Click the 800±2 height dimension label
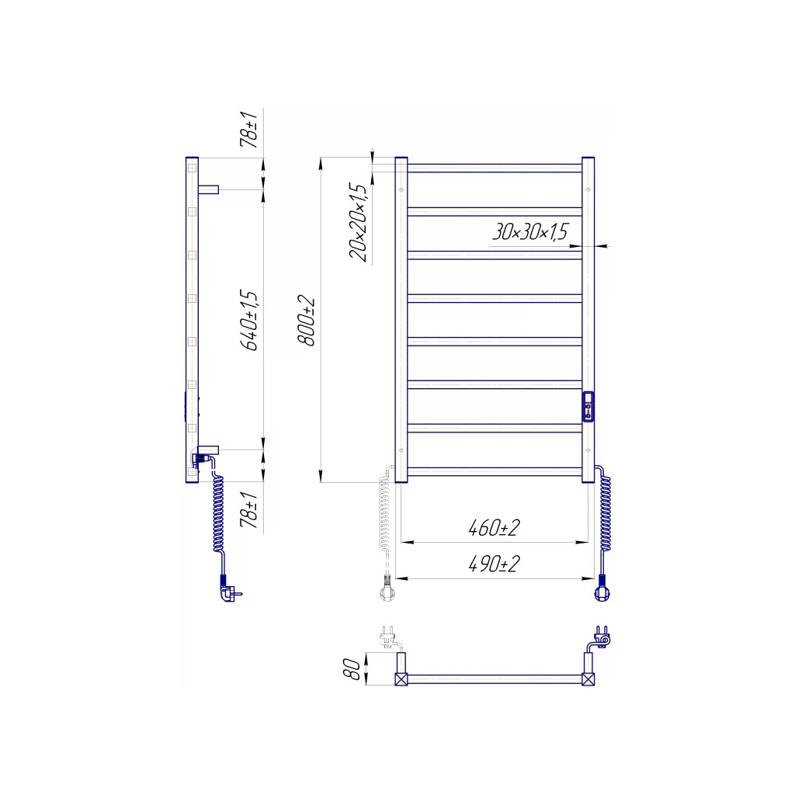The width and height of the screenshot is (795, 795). coord(306,321)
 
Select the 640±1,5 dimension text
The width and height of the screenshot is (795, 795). coord(249,320)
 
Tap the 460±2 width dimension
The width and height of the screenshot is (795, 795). coord(494,528)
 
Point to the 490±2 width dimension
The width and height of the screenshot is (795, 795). coord(494,564)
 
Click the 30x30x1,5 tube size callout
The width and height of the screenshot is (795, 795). coord(530,231)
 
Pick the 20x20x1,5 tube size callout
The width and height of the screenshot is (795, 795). coord(358,222)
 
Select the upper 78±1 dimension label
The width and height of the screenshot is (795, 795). coord(249,130)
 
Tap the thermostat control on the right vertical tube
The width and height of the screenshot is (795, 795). coord(588,407)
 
